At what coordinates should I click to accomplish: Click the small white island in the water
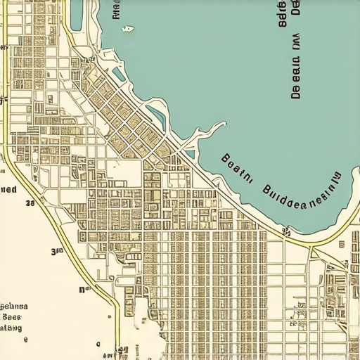127,29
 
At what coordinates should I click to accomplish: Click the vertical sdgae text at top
283,14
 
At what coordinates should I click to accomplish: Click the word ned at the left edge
8,189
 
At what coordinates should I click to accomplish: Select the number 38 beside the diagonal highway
30,204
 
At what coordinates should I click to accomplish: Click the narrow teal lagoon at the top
76,14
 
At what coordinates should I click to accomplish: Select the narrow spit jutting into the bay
207,134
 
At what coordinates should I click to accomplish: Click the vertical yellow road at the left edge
6,84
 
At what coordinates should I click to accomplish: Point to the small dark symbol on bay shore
286,231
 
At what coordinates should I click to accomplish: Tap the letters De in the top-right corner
296,7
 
